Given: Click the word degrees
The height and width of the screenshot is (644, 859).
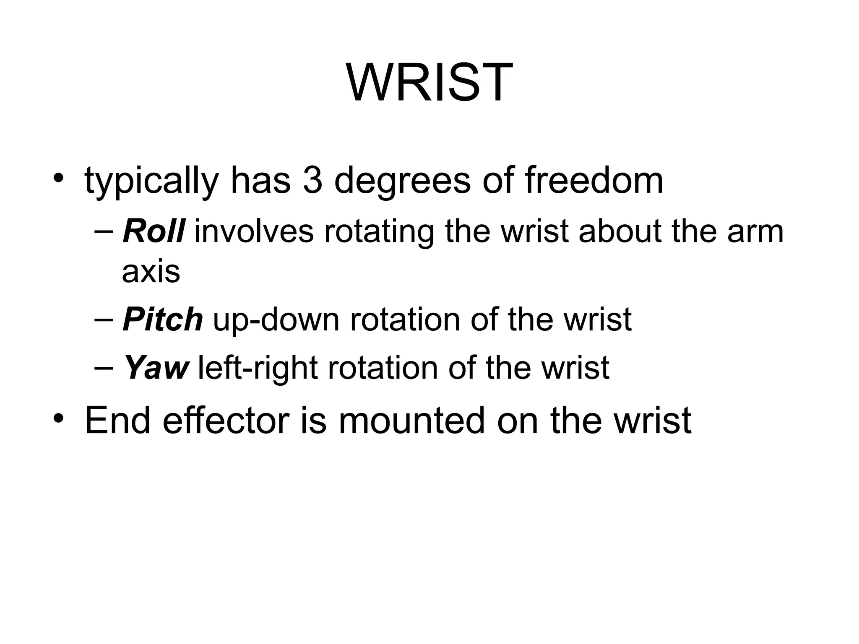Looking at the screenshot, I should click(402, 181).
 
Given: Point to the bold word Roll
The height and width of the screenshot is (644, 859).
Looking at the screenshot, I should click(154, 231).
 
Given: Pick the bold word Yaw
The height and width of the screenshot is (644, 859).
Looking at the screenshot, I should click(156, 368).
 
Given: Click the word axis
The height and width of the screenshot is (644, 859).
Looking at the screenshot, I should click(151, 272).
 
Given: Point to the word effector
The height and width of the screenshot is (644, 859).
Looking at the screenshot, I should click(226, 420).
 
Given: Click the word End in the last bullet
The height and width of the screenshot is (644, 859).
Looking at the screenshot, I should click(117, 420).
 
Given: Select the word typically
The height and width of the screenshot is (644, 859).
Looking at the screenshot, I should click(151, 181).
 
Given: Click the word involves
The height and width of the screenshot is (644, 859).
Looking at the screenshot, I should click(254, 231).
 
